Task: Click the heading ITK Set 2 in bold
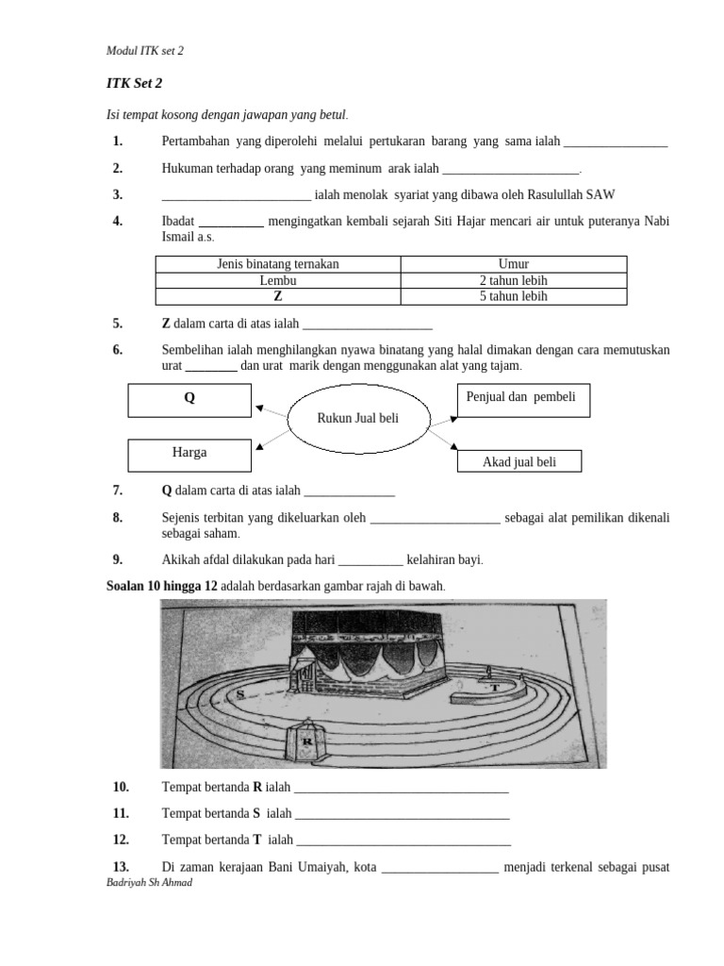[135, 83]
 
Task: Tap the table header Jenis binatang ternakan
[277, 264]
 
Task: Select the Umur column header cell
[514, 264]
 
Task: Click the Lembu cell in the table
[277, 280]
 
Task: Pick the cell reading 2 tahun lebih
[514, 280]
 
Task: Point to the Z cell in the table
[277, 295]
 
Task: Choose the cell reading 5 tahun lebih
[514, 295]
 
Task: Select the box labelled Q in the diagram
[189, 399]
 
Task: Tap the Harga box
[189, 454]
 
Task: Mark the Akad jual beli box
[519, 461]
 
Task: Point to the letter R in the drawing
[307, 741]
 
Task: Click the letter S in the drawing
[242, 693]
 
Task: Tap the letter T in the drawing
[494, 689]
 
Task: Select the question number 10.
[120, 787]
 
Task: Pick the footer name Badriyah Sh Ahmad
[151, 882]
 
